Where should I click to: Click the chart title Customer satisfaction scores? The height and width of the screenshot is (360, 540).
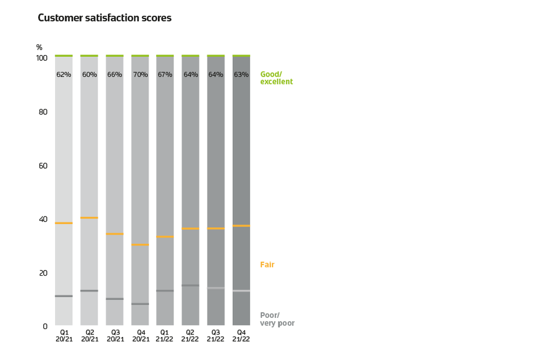coord(105,18)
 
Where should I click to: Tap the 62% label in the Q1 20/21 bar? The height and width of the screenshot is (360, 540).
coord(64,74)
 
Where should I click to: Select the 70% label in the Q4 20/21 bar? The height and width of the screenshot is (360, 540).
coord(140,74)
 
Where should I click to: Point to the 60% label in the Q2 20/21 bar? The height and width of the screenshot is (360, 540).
coord(89,74)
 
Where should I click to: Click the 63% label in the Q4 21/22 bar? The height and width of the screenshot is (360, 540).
coord(241,74)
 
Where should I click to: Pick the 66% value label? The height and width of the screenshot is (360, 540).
coord(115,74)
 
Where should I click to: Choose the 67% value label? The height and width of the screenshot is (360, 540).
coord(165,74)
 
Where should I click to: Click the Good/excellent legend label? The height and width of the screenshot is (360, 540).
coord(276,78)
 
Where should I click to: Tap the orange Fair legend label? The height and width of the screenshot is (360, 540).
coord(267,264)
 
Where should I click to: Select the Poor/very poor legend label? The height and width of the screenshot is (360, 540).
coord(277,319)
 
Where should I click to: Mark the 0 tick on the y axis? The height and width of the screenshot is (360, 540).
coord(44,326)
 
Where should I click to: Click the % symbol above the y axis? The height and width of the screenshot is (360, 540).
coord(39,47)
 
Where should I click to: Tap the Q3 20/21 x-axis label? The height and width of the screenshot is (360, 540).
coord(115,335)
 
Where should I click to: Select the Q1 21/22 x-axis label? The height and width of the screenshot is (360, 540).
coord(165,335)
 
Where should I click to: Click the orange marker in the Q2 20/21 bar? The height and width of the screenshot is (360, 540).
coord(89,218)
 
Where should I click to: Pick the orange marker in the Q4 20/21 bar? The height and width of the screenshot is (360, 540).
coord(140,245)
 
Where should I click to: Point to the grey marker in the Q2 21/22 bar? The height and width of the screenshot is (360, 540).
coord(191,285)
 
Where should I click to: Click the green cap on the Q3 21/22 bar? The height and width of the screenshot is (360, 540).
coord(216,56)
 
